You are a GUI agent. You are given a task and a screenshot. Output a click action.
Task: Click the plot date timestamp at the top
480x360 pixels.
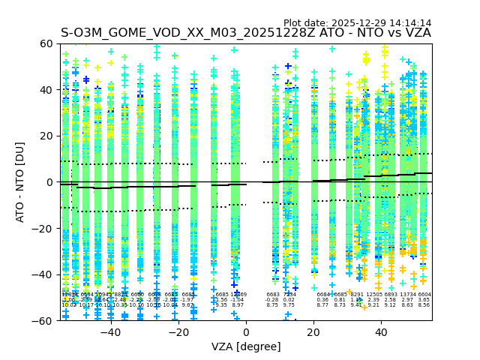click(357, 23)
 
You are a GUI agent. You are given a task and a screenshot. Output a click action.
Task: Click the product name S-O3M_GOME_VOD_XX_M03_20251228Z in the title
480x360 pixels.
click(190, 33)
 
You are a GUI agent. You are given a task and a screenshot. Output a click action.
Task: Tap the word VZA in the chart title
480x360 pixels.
click(415, 33)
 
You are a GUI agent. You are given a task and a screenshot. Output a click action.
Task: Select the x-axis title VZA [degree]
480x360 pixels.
click(246, 346)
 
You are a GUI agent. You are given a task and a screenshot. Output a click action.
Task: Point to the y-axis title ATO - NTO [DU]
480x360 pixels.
click(20, 182)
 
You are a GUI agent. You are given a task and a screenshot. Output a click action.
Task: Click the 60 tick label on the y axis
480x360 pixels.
click(46, 43)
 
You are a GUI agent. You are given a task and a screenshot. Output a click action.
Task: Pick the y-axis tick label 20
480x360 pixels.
click(46, 136)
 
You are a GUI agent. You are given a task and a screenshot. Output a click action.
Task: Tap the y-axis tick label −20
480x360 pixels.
click(43, 228)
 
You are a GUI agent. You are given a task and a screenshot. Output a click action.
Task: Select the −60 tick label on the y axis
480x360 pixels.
click(43, 320)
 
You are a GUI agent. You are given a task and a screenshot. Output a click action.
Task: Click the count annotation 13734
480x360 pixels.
click(408, 295)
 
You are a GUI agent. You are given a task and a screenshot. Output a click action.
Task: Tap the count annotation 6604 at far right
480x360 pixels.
click(424, 295)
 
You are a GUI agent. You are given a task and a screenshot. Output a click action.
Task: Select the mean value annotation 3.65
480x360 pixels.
click(424, 300)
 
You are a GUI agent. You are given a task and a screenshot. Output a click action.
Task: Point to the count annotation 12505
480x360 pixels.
click(374, 295)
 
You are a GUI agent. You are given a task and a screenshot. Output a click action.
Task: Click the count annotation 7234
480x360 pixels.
click(289, 295)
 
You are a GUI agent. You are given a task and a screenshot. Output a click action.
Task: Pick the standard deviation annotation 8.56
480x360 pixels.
click(424, 305)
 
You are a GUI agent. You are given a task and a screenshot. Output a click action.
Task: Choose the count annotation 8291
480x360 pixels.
click(357, 295)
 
